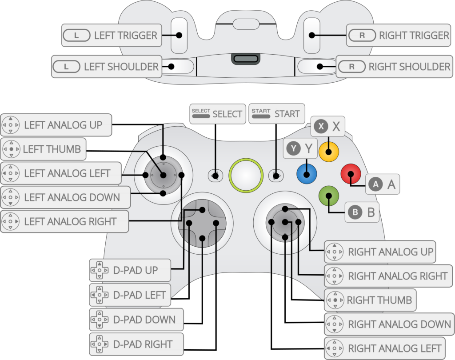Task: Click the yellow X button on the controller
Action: pyautogui.click(x=329, y=152)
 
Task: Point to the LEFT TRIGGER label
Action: pyautogui.click(x=112, y=36)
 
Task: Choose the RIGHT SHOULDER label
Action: pyautogui.click(x=395, y=67)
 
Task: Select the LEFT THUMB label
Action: pyautogui.click(x=44, y=149)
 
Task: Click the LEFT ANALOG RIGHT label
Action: pyautogui.click(x=65, y=221)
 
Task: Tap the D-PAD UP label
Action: pyautogui.click(x=130, y=270)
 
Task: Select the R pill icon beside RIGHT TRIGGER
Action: pyautogui.click(x=362, y=36)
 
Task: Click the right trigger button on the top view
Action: pyautogui.click(x=311, y=36)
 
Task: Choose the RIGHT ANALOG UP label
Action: pyautogui.click(x=380, y=252)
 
